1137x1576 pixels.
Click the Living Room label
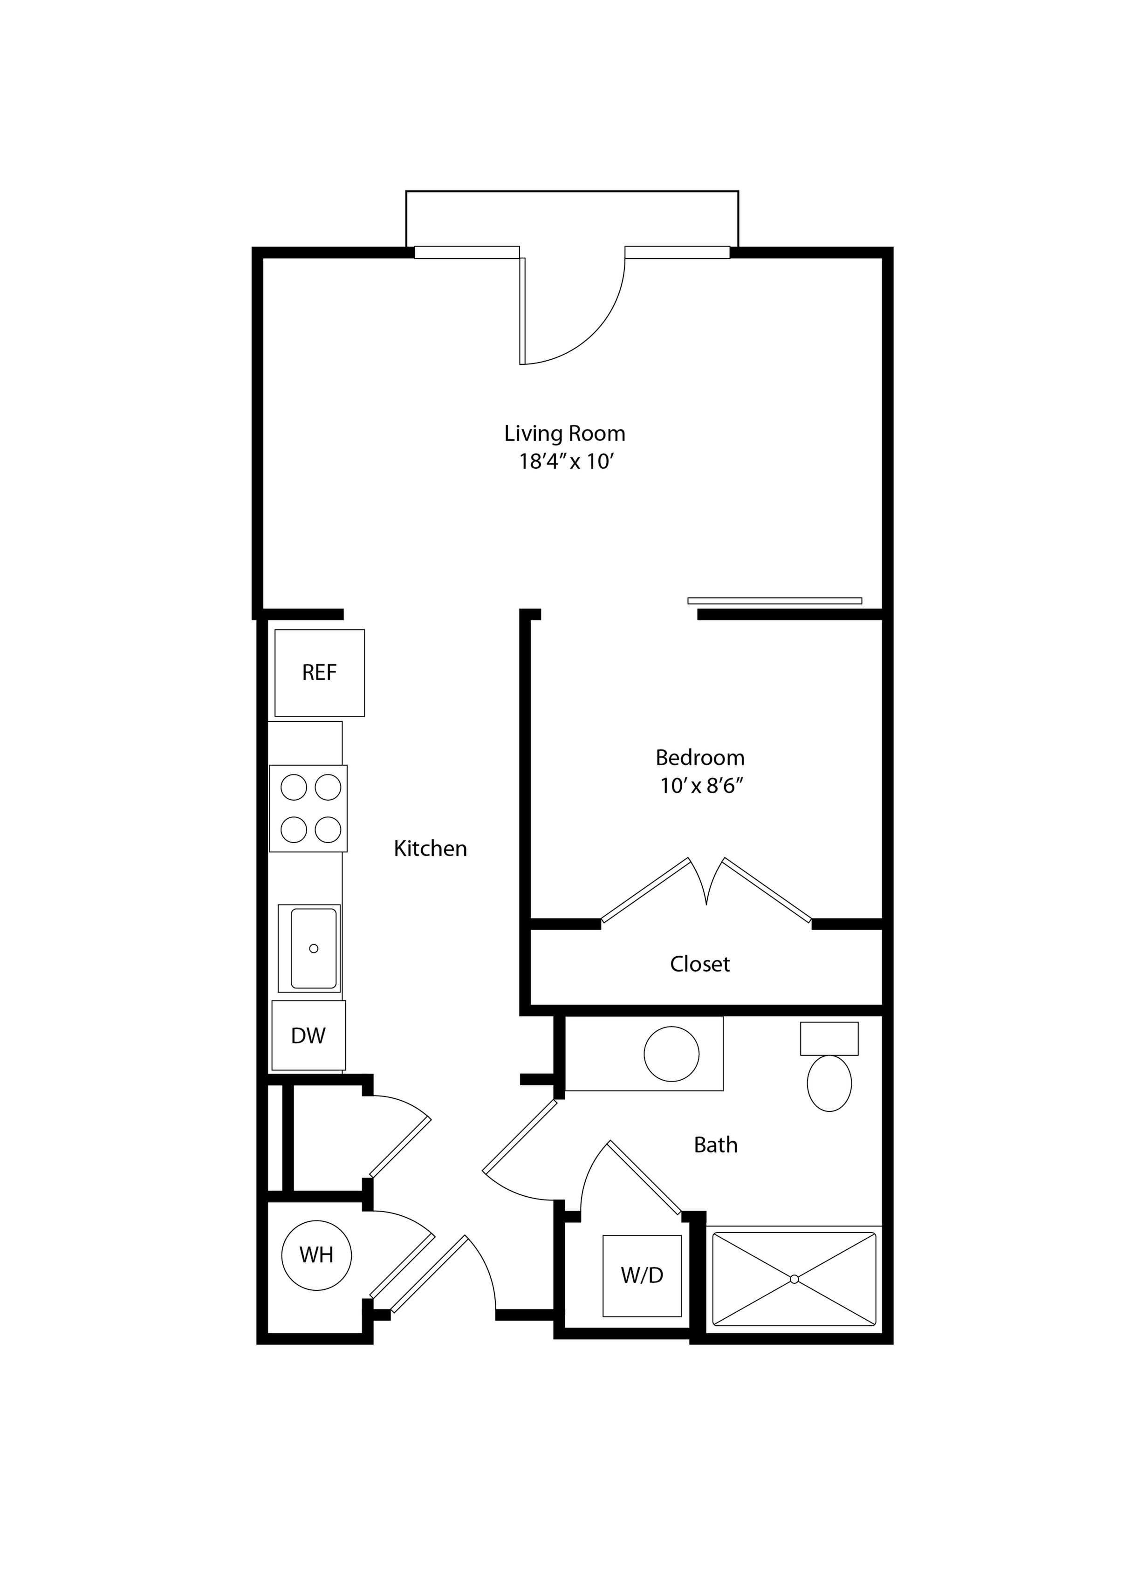[564, 433]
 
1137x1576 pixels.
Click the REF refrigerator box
[319, 672]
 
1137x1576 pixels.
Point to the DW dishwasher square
[308, 1035]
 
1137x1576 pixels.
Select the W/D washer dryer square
[642, 1275]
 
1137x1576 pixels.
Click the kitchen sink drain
[314, 948]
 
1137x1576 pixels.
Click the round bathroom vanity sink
[671, 1054]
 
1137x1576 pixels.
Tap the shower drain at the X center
[794, 1279]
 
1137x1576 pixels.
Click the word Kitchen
[430, 849]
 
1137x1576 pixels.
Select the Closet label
[700, 964]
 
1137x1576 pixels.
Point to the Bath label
[715, 1145]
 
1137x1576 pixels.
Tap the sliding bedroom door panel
[774, 600]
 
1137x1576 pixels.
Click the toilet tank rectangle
[829, 1038]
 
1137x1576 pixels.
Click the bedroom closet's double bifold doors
[706, 890]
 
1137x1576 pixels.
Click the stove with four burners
[308, 808]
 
